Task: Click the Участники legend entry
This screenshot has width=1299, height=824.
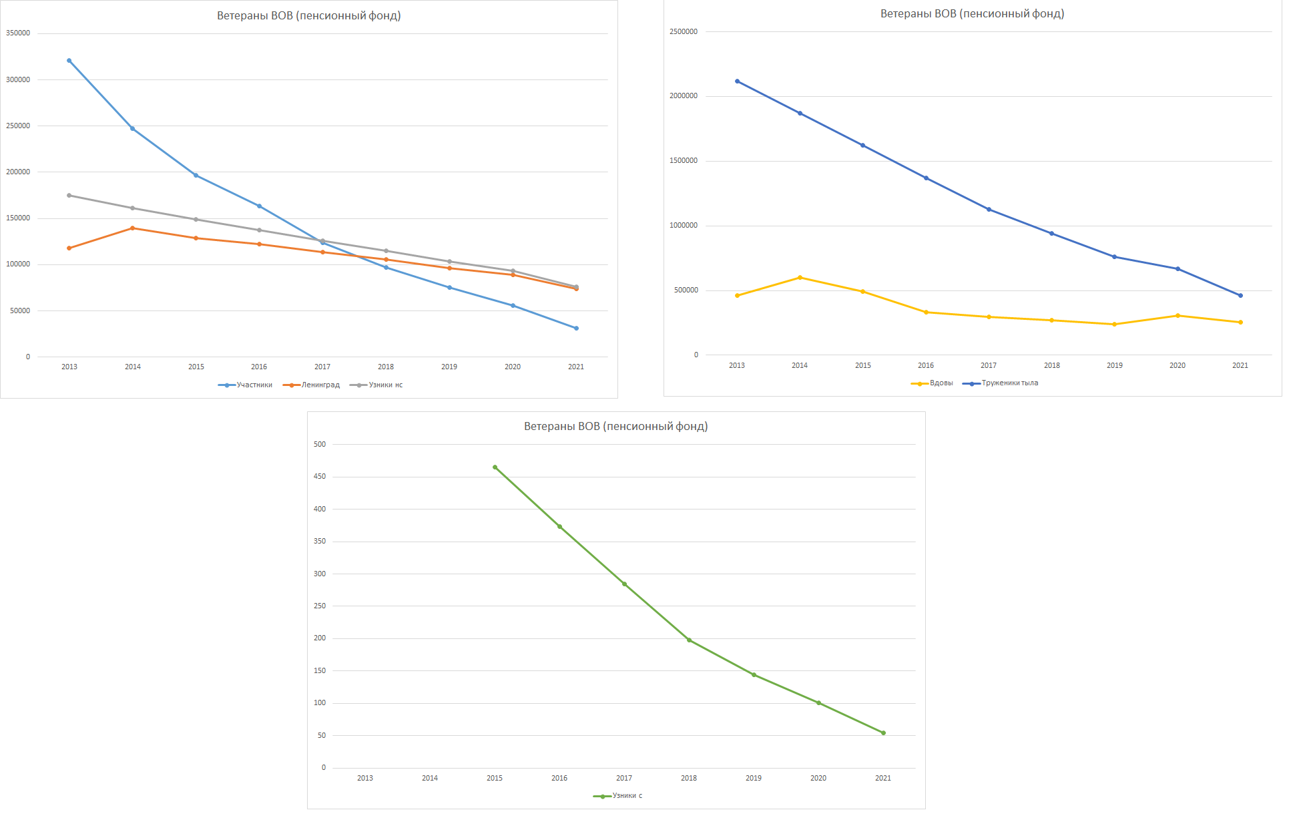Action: pos(246,385)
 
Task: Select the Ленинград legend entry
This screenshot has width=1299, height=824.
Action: pos(312,385)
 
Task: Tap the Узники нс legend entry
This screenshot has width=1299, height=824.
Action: pos(376,385)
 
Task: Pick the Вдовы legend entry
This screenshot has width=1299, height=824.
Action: pos(933,383)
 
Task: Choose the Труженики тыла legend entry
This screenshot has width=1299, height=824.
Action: pos(1001,383)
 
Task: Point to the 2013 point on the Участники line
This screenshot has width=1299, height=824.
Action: pos(69,61)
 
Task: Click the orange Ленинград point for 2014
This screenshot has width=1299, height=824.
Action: pos(133,228)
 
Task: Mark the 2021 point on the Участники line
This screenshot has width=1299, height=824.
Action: pos(576,329)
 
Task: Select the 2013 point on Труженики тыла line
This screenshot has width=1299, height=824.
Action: pos(737,81)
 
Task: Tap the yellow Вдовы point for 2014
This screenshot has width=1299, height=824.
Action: pos(800,278)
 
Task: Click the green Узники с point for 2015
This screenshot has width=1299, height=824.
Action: pos(495,467)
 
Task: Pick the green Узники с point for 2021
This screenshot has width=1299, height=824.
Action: pos(883,733)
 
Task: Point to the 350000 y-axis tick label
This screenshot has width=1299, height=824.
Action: pos(18,33)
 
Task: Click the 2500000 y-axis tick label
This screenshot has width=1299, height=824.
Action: pos(684,32)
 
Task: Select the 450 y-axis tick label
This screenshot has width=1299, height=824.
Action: pos(320,477)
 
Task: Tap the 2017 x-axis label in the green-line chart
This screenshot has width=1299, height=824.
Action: pos(624,779)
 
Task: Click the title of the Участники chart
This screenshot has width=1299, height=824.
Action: pos(308,16)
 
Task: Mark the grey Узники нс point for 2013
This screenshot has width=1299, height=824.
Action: pos(69,196)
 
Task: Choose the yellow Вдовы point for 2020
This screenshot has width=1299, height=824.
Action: pos(1178,316)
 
